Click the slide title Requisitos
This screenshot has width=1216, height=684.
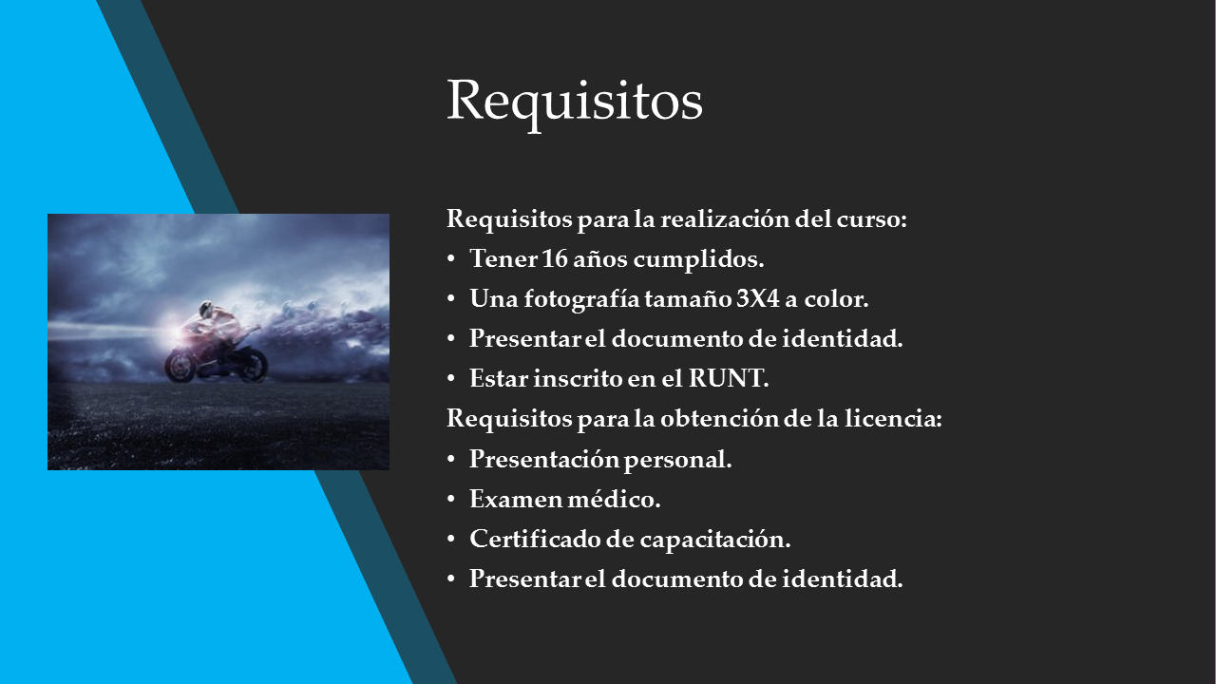click(575, 102)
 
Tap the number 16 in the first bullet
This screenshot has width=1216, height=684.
click(554, 258)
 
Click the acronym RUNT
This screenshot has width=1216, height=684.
click(729, 378)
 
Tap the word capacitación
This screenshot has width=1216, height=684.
click(715, 539)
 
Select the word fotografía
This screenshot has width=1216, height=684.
click(581, 299)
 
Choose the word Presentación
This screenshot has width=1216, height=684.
click(544, 459)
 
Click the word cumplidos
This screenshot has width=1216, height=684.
click(698, 259)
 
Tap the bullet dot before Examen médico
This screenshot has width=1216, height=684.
click(451, 500)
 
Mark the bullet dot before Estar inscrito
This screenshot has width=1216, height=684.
click(451, 379)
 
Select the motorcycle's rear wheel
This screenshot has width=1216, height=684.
click(253, 366)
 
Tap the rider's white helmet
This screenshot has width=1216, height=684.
click(205, 309)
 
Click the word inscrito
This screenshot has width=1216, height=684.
click(578, 378)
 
